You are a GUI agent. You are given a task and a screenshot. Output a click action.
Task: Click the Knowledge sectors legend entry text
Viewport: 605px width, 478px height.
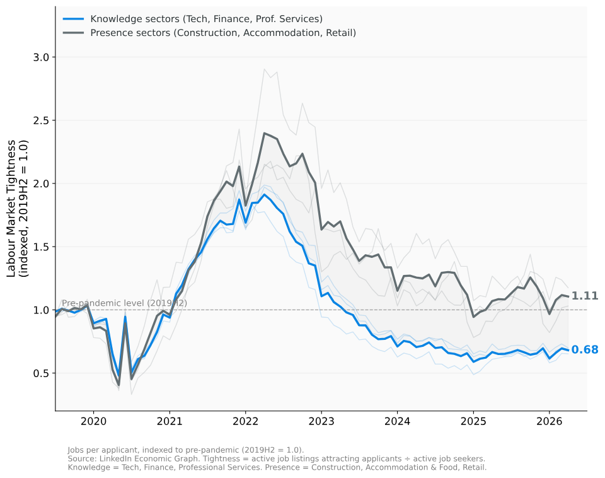click(x=207, y=19)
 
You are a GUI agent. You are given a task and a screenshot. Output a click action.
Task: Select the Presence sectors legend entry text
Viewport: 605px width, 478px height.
click(x=223, y=33)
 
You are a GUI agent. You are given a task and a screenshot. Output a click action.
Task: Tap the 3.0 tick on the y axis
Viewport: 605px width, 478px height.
click(x=42, y=57)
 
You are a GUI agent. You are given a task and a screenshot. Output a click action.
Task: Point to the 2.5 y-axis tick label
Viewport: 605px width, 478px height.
click(x=42, y=120)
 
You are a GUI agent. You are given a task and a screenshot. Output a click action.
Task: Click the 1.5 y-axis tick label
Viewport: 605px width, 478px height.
click(x=42, y=247)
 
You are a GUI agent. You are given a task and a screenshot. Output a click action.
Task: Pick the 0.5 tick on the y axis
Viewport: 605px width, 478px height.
click(x=42, y=373)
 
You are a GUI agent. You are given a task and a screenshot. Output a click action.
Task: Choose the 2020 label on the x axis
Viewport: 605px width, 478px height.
click(x=93, y=421)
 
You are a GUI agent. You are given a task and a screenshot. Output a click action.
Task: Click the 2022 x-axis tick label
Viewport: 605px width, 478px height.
click(x=245, y=421)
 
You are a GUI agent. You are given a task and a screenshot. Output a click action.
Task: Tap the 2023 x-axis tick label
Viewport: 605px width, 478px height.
click(x=321, y=421)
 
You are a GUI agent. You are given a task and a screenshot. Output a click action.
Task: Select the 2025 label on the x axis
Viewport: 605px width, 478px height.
click(x=473, y=421)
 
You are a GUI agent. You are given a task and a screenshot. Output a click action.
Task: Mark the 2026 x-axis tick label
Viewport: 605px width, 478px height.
click(x=550, y=421)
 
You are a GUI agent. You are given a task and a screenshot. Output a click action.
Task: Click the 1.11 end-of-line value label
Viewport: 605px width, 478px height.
click(x=585, y=296)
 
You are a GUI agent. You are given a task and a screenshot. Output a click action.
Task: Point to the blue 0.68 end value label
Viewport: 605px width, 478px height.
click(x=585, y=350)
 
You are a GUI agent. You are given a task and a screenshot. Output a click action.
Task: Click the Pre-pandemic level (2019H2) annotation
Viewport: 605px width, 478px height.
click(x=125, y=303)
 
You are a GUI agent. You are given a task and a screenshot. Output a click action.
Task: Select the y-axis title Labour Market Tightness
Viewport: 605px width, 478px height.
click(x=11, y=209)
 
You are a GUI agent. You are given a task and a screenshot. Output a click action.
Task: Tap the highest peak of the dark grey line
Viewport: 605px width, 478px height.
click(x=264, y=133)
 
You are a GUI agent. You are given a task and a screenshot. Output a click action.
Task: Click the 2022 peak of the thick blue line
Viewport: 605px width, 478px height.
click(x=264, y=195)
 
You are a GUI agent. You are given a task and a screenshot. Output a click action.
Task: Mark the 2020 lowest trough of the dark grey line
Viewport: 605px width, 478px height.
click(x=118, y=385)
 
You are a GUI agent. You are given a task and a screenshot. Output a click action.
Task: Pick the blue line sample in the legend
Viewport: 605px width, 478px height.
click(x=73, y=19)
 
